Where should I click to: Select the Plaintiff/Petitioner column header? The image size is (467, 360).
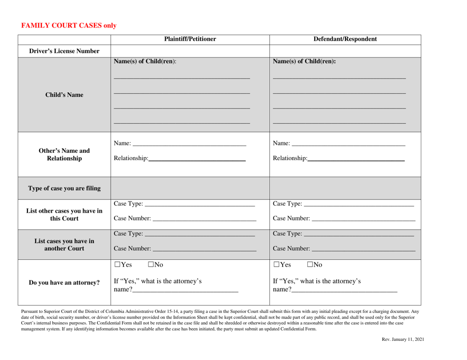[x=190, y=39]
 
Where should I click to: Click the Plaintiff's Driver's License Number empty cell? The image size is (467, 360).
[x=190, y=51]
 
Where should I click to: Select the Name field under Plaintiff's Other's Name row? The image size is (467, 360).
[x=189, y=143]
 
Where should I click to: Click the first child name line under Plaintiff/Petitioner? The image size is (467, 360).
[x=182, y=76]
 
